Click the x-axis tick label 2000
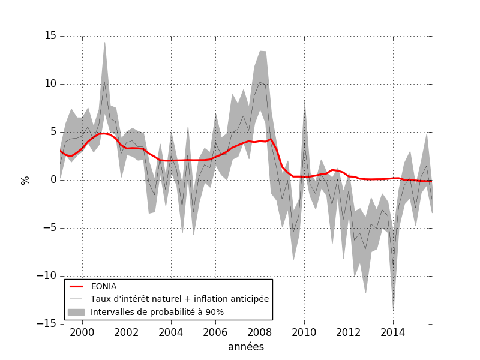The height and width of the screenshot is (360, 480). pyautogui.click(x=82, y=332)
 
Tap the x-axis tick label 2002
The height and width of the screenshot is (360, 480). pyautogui.click(x=127, y=332)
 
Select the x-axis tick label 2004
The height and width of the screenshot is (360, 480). pyautogui.click(x=171, y=332)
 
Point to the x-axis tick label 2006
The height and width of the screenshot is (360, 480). pyautogui.click(x=215, y=332)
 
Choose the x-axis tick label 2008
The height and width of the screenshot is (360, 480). pyautogui.click(x=260, y=332)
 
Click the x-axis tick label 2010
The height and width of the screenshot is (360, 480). pyautogui.click(x=304, y=332)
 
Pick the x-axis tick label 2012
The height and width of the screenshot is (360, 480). pyautogui.click(x=349, y=332)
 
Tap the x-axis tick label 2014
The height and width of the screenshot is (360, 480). pyautogui.click(x=393, y=332)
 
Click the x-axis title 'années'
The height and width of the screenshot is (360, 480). pyautogui.click(x=246, y=347)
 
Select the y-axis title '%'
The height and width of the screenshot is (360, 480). pyautogui.click(x=25, y=180)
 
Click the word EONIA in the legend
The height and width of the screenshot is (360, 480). pyautogui.click(x=104, y=287)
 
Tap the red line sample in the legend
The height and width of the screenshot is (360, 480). pyautogui.click(x=76, y=287)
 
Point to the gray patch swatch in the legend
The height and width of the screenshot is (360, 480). pyautogui.click(x=76, y=312)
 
